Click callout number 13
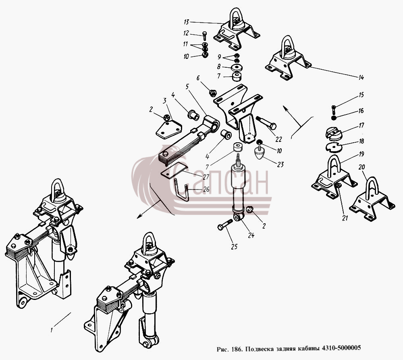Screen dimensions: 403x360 [x=187, y=22]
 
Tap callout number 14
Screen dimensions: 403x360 [x=361, y=77]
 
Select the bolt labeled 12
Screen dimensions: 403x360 [x=205, y=36]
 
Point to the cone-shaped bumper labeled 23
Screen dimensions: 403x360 [x=260, y=152]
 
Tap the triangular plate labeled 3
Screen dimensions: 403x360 [x=168, y=130]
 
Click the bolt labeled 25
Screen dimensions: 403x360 [x=225, y=224]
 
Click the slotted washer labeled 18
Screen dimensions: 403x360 [x=334, y=147]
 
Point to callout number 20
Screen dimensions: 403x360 [x=361, y=167]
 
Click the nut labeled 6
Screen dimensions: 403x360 [x=213, y=93]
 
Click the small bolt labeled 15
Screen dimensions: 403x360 [x=333, y=110]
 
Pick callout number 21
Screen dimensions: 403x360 [x=345, y=218]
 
